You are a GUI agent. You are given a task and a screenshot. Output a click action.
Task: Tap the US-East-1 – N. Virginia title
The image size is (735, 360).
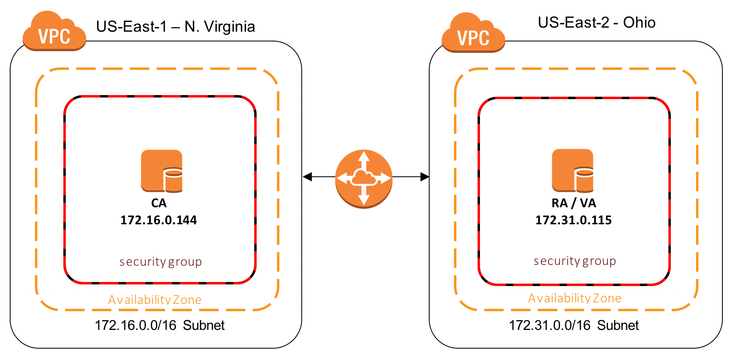point(175,27)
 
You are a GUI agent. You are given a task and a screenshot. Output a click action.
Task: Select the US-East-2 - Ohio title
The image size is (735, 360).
point(596,22)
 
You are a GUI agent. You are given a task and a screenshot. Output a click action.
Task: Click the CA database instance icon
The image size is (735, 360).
point(162,171)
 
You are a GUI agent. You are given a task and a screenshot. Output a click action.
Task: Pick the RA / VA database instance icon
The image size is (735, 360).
point(573,170)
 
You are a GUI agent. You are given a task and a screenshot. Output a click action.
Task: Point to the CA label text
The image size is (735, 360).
point(159,203)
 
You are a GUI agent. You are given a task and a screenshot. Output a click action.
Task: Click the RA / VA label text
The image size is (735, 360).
point(573,203)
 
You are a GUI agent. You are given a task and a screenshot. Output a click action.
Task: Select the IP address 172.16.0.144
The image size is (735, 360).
point(158,220)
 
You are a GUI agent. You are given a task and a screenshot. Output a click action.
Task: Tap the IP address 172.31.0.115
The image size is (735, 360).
point(573,220)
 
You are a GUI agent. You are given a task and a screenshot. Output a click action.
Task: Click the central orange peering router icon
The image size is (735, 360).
point(364,179)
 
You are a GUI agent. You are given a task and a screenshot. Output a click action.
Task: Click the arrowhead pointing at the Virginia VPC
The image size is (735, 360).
point(307,177)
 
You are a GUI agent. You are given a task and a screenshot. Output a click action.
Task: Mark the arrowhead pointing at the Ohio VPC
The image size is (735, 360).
point(425,177)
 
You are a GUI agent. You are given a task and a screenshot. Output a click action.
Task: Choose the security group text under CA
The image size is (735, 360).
point(160,262)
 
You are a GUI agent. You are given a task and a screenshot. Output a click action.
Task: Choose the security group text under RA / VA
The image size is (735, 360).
point(575,261)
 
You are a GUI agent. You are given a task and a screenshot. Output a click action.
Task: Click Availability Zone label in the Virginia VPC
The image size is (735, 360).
point(155,300)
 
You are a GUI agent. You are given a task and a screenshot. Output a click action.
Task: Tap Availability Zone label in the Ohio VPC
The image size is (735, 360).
point(575,298)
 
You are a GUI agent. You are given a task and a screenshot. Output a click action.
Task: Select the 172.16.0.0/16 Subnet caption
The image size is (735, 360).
point(160,325)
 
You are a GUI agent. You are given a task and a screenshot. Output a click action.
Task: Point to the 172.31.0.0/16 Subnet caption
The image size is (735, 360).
point(574,325)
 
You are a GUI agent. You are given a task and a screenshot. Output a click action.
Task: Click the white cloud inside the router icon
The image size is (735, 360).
point(363,177)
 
